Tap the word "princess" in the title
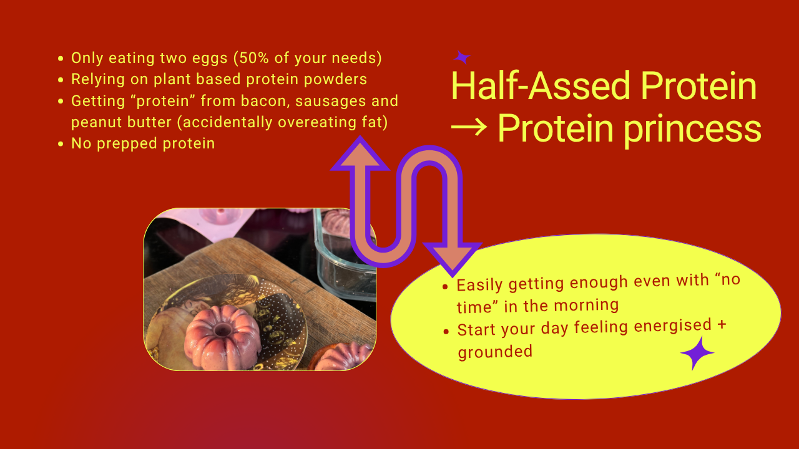click(692, 130)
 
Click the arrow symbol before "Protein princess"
click(469, 127)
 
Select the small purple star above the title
click(462, 57)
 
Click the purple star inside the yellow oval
click(697, 353)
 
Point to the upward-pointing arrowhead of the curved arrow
click(360, 153)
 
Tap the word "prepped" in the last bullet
click(127, 144)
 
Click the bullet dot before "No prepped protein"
click(61, 144)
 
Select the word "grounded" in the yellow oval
click(495, 352)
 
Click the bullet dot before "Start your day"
click(446, 331)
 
